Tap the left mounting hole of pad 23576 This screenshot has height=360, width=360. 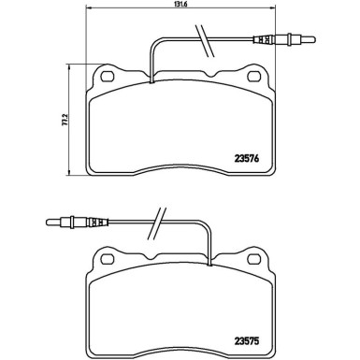pyautogui.click(x=107, y=77)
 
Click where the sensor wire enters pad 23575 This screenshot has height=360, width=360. pyautogui.click(x=206, y=266)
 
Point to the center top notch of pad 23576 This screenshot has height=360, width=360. pyautogui.click(x=180, y=75)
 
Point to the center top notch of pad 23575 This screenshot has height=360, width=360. pyautogui.click(x=180, y=259)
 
